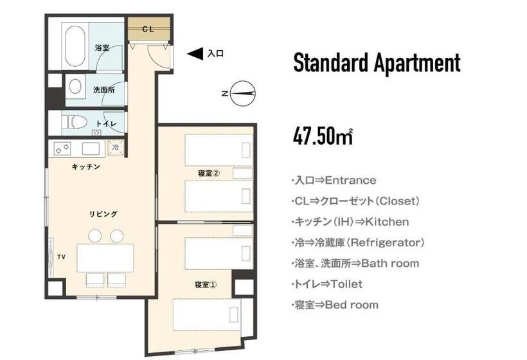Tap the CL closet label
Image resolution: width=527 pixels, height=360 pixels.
coord(148,29)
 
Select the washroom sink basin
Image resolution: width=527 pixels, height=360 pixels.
coord(76,86)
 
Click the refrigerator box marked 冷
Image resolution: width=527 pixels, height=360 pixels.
coord(116,148)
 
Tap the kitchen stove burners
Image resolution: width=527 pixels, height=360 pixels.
coord(63,148)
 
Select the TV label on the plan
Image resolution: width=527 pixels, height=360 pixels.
coord(61,256)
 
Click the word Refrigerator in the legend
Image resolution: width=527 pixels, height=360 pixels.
coord(391,242)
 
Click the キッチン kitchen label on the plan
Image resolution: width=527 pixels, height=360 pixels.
coord(85,166)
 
